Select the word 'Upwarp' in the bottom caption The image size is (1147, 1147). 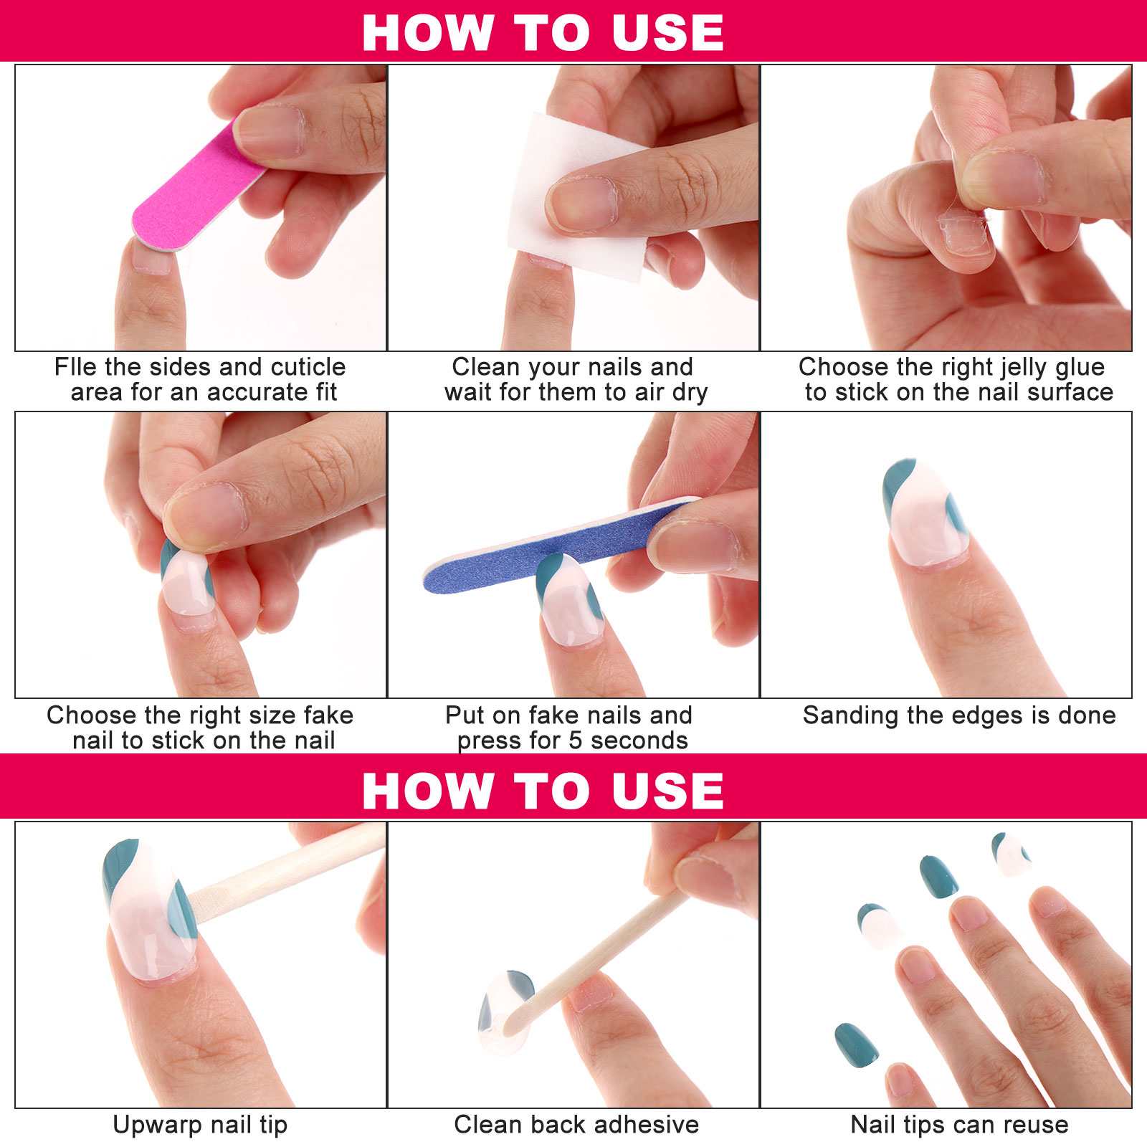pyautogui.click(x=150, y=1125)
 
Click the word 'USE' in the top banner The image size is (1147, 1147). pyautogui.click(x=667, y=33)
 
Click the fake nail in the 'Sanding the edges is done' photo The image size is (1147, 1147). pyautogui.click(x=925, y=513)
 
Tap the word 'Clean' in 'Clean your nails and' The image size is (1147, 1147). pyautogui.click(x=486, y=367)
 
